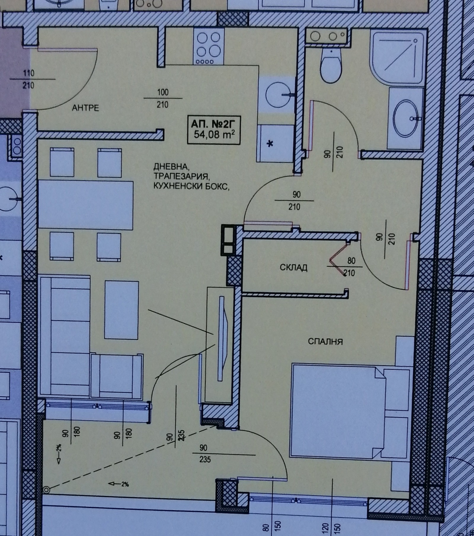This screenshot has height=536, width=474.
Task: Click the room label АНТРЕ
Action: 86,108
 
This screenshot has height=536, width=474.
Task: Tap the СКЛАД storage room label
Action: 294,268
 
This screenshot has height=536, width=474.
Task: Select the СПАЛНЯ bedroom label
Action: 325,342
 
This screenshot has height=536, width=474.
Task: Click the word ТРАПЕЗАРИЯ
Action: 182,177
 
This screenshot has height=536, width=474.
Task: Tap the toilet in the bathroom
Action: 332,66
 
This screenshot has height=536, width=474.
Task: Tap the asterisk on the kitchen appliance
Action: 270,144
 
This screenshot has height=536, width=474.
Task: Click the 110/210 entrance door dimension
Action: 29,79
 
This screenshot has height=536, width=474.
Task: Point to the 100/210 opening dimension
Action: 163,98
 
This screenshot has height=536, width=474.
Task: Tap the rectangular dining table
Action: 86,205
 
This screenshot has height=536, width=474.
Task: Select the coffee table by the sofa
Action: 121,310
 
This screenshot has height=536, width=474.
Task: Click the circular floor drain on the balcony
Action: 47,490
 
